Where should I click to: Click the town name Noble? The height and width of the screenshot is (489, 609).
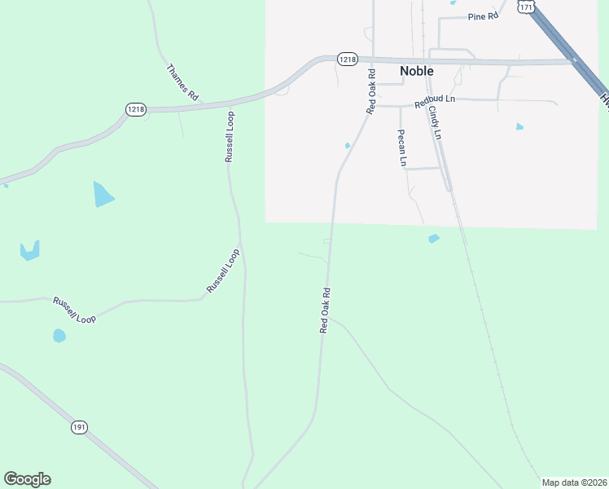pos(416,71)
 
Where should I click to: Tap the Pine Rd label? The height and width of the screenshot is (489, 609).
pos(482,16)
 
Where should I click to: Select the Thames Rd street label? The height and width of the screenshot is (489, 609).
pos(182,82)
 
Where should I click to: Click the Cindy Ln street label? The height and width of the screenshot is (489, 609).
pos(434,121)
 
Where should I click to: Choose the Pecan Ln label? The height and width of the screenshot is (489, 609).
pos(401,148)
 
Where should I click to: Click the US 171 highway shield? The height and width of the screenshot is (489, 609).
pos(526,7)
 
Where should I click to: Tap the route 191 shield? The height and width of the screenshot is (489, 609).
pos(79,427)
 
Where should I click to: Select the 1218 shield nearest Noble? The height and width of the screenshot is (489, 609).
pos(348,59)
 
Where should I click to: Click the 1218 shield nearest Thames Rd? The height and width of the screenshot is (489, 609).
pos(135,109)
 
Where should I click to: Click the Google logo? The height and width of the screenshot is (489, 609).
pos(27,479)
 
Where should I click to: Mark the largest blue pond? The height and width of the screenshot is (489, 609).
pos(103,195)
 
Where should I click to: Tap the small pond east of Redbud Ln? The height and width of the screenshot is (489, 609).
pos(519,126)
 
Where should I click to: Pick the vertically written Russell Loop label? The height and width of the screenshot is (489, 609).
pos(230,136)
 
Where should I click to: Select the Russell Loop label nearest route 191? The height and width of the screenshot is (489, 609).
pos(74,311)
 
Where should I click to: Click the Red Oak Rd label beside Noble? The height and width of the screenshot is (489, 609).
pos(370,91)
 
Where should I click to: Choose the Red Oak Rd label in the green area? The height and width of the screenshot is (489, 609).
pos(324,310)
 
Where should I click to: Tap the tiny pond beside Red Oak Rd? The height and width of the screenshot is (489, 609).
pos(348,146)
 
